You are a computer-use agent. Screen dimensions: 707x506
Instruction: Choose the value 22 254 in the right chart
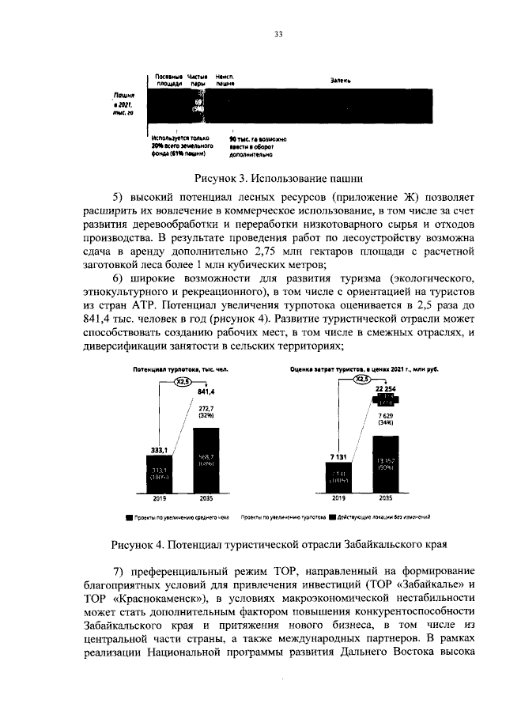pyautogui.click(x=385, y=390)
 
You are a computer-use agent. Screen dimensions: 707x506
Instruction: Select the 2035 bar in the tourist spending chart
pyautogui.click(x=385, y=463)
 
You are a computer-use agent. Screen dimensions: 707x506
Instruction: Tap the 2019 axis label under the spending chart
pyautogui.click(x=338, y=499)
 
